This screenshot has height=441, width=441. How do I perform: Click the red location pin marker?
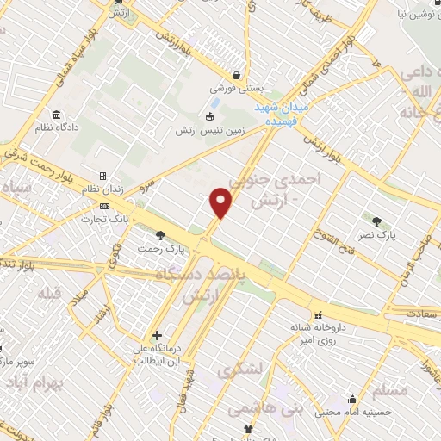pos(221,202)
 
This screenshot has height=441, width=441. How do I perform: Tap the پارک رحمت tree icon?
pos(160,234)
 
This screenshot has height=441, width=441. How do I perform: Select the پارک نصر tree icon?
pos(376,221)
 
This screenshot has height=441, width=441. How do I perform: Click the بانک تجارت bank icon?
pos(105,206)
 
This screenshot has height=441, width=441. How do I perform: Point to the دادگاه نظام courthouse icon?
pos(57,115)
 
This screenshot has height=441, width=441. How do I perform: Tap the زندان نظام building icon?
pos(102,177)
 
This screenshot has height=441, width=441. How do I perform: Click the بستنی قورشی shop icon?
pos(236,75)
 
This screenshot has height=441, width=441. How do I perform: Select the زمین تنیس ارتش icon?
pos(208,117)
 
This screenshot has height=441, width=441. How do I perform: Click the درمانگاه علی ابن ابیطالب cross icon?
pos(156,335)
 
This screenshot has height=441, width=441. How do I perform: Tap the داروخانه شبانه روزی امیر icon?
pos(319,314)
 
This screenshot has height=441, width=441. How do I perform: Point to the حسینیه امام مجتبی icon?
pos(353,399)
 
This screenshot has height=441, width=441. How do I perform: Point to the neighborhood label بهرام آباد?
pos(42,380)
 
